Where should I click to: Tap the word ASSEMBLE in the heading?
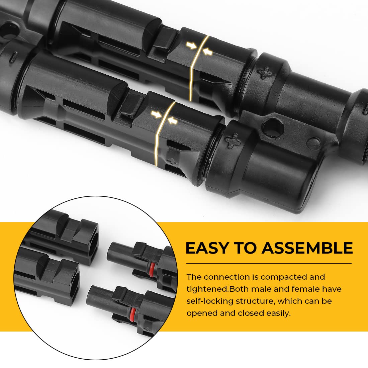click(x=307, y=248)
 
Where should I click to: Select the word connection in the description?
click(x=223, y=277)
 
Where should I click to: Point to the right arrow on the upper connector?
click(x=208, y=51)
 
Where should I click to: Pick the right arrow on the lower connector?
click(x=172, y=120)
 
